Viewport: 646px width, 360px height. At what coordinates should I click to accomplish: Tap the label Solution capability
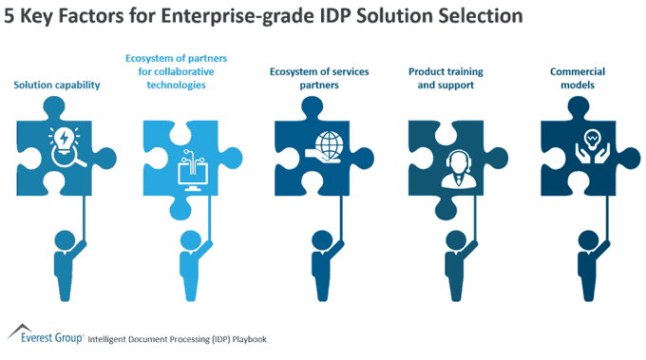57,85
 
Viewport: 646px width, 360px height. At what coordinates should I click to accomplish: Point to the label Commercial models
576,77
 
